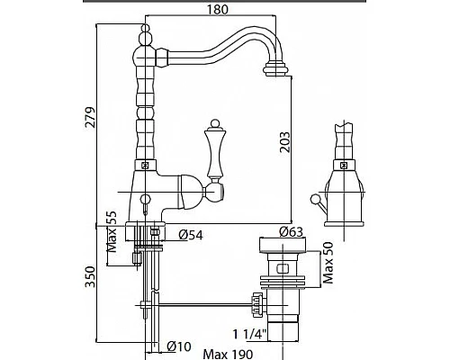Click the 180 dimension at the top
[x=218, y=9]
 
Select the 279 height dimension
[x=90, y=117]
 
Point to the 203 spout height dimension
[x=285, y=142]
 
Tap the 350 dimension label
[x=90, y=276]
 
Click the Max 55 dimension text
[x=112, y=231]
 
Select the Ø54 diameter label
[x=191, y=235]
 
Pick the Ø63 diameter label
[x=291, y=231]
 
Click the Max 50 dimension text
[x=328, y=263]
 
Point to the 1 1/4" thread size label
[x=250, y=334]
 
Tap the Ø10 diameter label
[x=179, y=346]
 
